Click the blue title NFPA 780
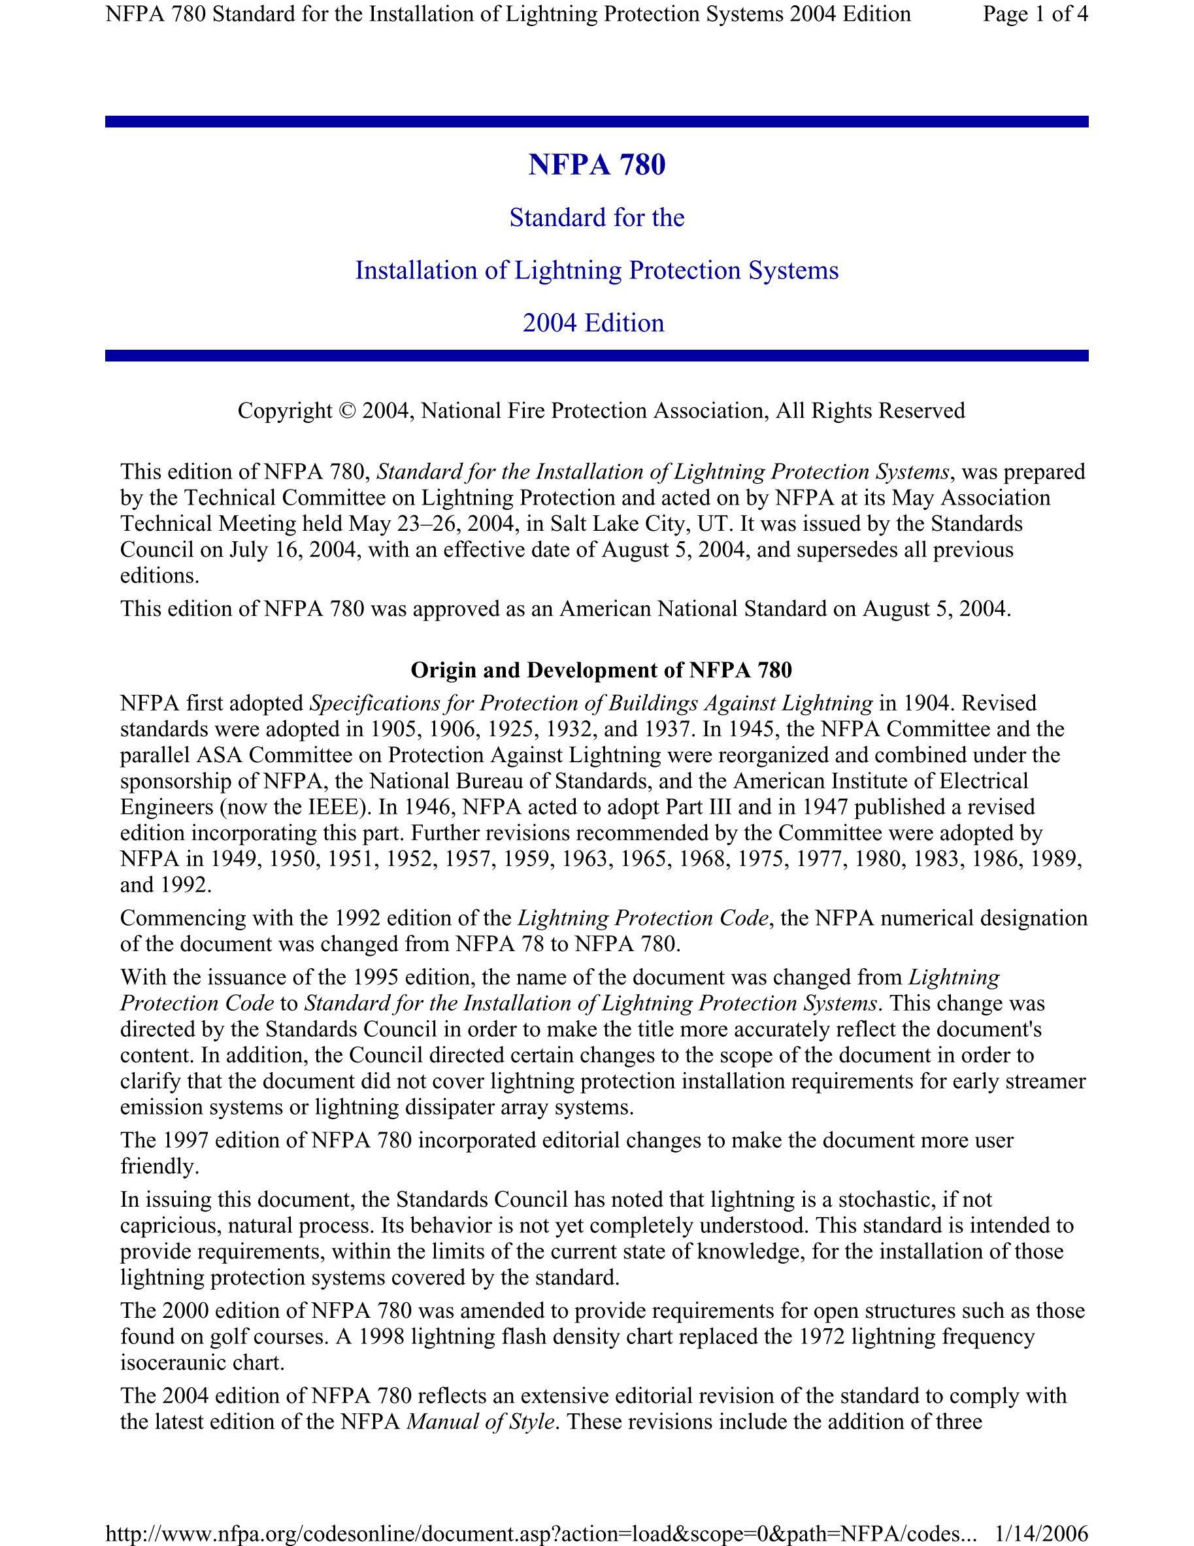(597, 165)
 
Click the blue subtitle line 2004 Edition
(593, 324)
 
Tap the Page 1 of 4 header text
(1035, 14)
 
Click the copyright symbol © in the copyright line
(347, 411)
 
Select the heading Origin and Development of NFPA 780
(601, 670)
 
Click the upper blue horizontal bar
(597, 122)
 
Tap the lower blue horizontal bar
(597, 356)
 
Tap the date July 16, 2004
(289, 550)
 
